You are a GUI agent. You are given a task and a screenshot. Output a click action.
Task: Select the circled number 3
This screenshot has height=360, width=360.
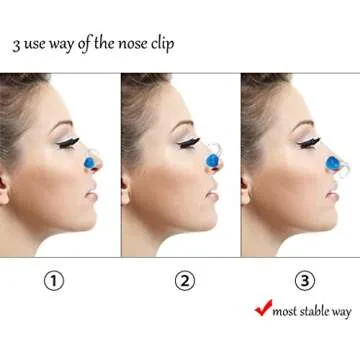(299, 281)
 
